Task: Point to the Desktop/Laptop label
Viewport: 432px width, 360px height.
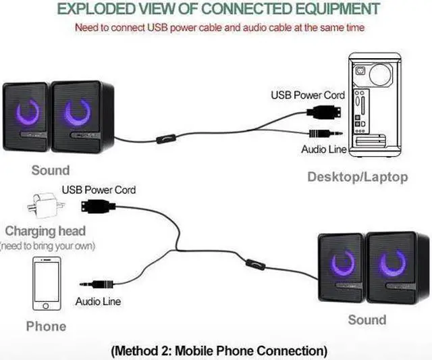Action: point(357,177)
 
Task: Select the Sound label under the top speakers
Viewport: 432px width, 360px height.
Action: point(50,170)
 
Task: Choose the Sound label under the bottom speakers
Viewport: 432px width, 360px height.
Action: point(367,319)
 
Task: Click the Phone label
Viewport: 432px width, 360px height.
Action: point(46,326)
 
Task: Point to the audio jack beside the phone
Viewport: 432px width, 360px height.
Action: point(94,285)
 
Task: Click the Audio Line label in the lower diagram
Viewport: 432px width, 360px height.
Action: point(98,301)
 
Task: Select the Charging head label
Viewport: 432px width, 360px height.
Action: point(45,231)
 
